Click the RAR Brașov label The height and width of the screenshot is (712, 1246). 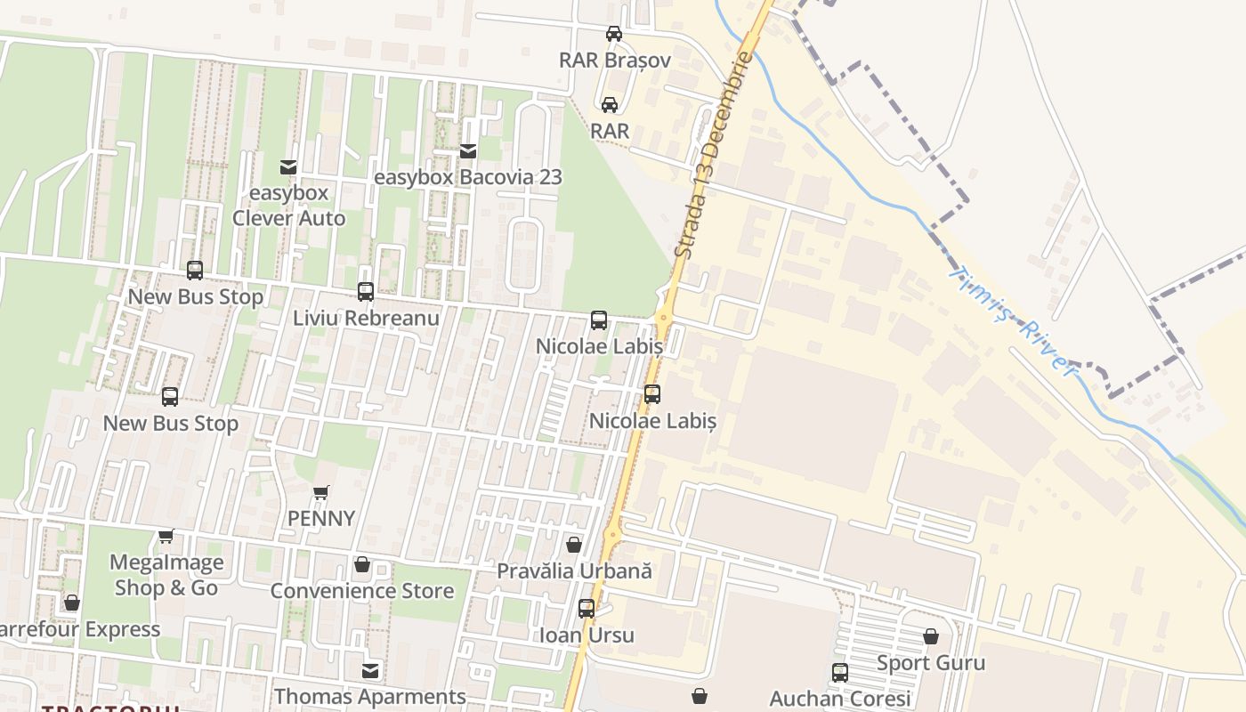[614, 61]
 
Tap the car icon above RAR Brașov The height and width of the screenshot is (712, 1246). [614, 34]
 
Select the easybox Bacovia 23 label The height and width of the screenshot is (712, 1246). [468, 177]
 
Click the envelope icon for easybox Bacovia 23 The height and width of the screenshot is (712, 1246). [468, 151]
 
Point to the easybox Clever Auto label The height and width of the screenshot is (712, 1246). [288, 206]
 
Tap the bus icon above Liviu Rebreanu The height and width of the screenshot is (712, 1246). [365, 291]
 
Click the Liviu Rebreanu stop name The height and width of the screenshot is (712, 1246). [366, 318]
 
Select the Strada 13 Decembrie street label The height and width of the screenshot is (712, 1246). [714, 156]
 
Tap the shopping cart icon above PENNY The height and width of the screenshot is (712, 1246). [321, 492]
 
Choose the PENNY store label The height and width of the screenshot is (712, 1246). [321, 518]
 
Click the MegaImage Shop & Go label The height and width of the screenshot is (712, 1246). [166, 575]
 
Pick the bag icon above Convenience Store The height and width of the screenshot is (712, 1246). [361, 564]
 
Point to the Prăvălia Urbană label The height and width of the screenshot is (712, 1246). [574, 570]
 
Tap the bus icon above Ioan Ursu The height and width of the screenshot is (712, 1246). [587, 609]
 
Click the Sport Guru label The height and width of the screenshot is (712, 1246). [931, 663]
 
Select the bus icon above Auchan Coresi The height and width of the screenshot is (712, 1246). [839, 673]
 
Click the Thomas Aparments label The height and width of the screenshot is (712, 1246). [369, 696]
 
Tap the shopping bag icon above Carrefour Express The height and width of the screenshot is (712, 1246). [72, 603]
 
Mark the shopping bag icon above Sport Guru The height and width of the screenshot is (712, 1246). [931, 636]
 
